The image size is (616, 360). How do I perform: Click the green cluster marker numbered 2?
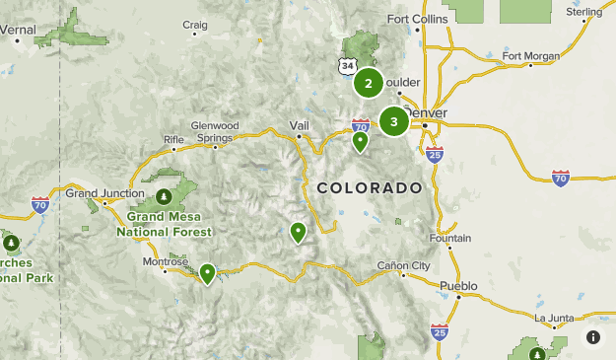tap(369, 83)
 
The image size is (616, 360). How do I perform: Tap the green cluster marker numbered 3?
tap(394, 121)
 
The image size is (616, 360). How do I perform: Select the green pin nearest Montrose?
tap(207, 273)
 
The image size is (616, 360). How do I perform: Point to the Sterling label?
tap(584, 12)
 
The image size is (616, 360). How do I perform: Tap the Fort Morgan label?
tap(530, 55)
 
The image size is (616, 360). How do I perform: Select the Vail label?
tap(300, 125)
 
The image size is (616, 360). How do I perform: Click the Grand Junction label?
tap(98, 192)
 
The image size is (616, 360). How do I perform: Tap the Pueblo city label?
tap(458, 286)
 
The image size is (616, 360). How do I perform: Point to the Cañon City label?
tap(404, 265)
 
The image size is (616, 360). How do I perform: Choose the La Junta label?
tap(553, 318)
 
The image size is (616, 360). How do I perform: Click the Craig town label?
tap(195, 25)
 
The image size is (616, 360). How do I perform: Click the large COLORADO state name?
tap(370, 187)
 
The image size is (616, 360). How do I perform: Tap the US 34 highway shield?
tap(344, 65)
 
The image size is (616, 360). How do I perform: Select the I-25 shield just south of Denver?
tap(436, 153)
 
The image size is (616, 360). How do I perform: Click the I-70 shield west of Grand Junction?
tap(40, 204)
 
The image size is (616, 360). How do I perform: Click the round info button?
tap(593, 337)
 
